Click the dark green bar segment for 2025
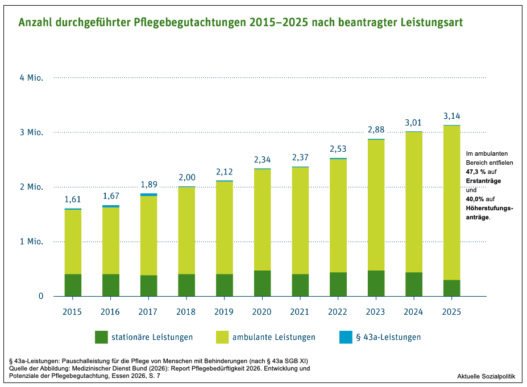click(452, 288)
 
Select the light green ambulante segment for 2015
click(73, 242)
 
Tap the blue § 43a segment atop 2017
click(149, 194)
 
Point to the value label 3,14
click(452, 116)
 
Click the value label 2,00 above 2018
click(187, 177)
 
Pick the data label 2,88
click(376, 130)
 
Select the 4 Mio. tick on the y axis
click(32, 78)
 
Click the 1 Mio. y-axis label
click(32, 242)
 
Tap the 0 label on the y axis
click(41, 296)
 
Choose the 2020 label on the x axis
click(262, 312)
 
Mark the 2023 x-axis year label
click(375, 312)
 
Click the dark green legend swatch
click(102, 337)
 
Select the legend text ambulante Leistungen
click(274, 337)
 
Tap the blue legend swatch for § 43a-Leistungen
click(346, 337)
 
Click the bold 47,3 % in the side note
click(476, 172)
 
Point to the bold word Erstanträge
click(483, 181)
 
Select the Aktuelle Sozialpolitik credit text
click(486, 376)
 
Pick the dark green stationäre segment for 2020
click(263, 283)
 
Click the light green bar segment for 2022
click(338, 216)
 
